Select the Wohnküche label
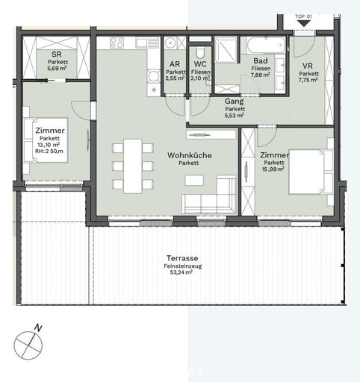coord(189,154)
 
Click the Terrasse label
coord(179,257)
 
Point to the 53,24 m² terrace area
coord(179,273)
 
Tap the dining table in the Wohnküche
coord(133,165)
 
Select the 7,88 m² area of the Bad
coord(261,75)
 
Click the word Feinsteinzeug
coord(179,266)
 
